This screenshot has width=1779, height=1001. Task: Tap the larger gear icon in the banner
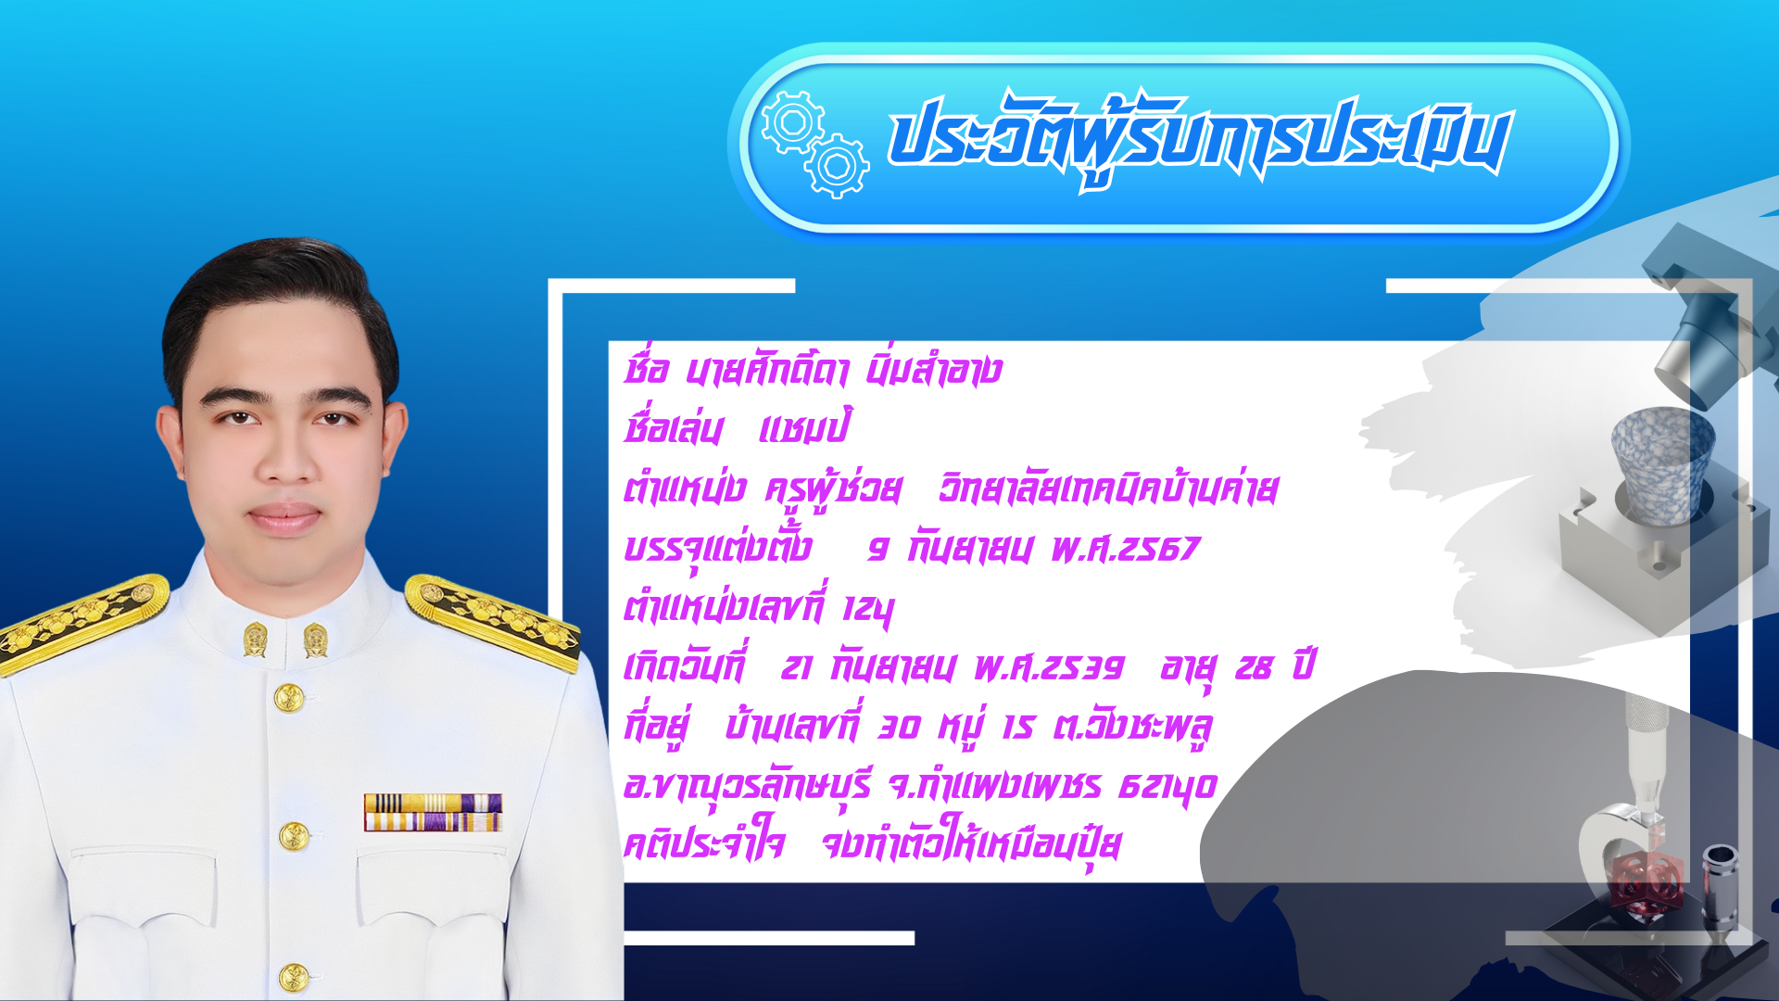[x=792, y=121]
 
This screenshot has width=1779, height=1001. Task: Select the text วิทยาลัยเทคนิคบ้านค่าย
[x=1108, y=488]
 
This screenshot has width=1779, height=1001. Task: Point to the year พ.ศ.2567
[x=1125, y=549]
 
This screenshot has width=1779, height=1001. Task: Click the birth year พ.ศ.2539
[x=1049, y=666]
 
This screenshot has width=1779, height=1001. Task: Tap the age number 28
[x=1253, y=667]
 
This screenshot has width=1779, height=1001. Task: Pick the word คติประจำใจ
[x=704, y=843]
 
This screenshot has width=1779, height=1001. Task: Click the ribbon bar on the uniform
[x=433, y=812]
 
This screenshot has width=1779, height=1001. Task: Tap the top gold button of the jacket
[x=289, y=698]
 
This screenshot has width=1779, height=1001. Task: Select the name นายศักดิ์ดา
[x=766, y=370]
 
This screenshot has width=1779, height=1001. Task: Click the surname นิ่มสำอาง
[x=934, y=370]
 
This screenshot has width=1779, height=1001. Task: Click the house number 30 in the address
[x=899, y=727]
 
